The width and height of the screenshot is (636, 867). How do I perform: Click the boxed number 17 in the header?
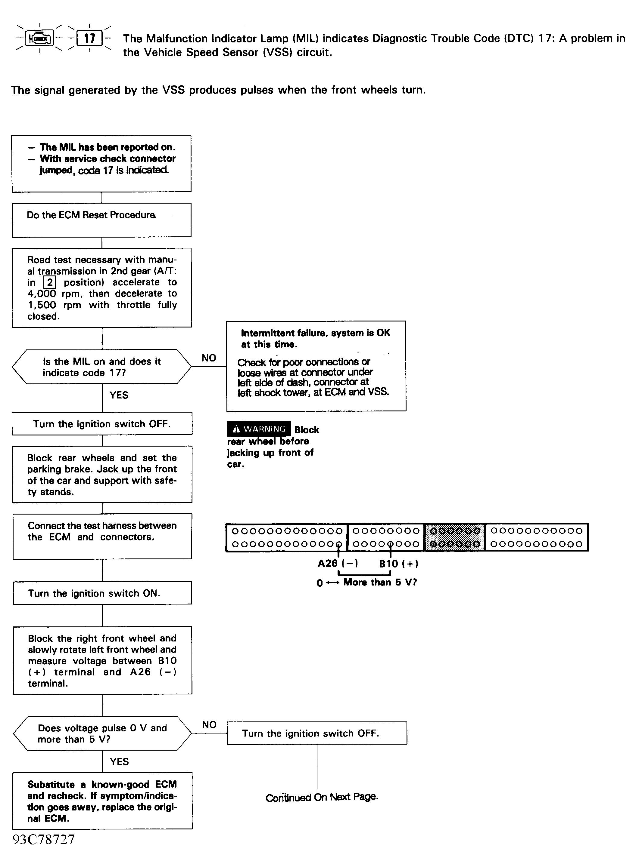coord(89,38)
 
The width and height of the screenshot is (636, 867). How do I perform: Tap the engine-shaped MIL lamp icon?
coord(40,38)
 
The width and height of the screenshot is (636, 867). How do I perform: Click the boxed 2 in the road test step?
coord(50,283)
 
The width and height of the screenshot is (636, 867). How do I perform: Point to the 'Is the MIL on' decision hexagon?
coord(102,367)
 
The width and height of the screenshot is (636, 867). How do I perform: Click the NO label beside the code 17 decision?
coord(209,358)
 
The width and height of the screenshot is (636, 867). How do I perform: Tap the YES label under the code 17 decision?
coord(119,395)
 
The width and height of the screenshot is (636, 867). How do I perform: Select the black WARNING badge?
coord(259,429)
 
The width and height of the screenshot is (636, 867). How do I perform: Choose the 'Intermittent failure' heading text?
coord(315,338)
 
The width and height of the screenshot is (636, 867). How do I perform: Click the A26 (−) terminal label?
coord(338,564)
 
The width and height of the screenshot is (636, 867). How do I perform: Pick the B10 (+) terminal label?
coord(398,564)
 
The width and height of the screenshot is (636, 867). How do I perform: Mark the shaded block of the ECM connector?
coord(455,537)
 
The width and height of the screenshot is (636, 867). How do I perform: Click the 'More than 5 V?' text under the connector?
coord(380,583)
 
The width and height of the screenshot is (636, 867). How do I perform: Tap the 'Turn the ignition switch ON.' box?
coord(102,593)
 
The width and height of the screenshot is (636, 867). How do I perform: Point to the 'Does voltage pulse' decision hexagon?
coord(102,733)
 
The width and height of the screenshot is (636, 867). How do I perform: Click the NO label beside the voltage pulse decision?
coord(209,725)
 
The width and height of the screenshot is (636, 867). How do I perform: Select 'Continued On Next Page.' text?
coord(322,798)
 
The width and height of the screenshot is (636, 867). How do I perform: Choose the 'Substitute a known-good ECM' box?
coord(102,801)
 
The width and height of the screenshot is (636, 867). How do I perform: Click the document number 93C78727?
coord(43,840)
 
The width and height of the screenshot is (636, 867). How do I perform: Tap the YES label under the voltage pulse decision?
coord(119,762)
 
